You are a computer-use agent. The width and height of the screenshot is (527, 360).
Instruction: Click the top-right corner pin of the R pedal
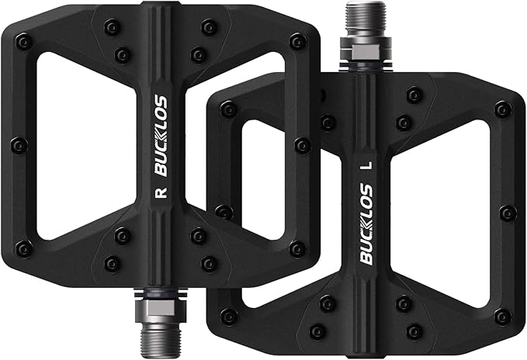point(296,40)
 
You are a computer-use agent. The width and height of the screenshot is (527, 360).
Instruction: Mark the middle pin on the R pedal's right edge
point(302,145)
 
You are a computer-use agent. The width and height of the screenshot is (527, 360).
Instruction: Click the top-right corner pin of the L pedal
point(503,109)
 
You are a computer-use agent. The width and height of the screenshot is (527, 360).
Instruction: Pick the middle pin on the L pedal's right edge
point(508,213)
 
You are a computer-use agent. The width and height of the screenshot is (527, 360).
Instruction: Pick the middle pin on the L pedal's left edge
point(224,212)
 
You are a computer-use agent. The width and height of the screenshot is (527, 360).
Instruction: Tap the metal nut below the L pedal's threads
point(361,56)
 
